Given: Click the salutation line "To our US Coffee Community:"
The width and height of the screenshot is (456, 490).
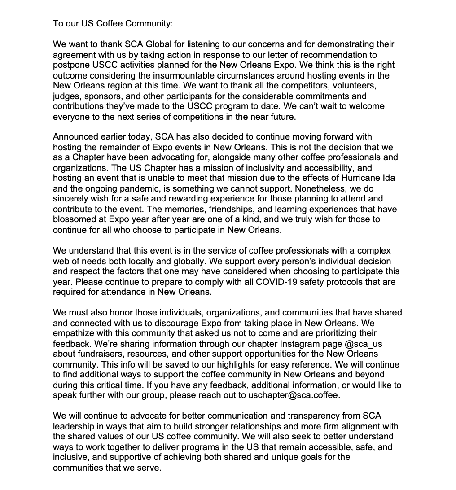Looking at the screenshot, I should tap(113, 23).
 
